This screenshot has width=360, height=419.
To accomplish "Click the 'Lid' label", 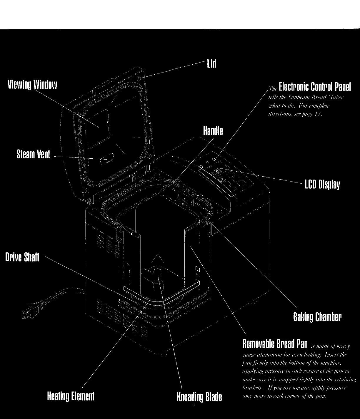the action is (211, 64).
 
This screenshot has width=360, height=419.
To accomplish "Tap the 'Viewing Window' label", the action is (32, 85).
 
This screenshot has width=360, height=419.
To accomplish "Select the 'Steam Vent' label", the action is (33, 154).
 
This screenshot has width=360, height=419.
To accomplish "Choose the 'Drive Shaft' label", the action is (22, 257).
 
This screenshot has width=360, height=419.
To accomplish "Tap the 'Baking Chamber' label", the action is (317, 317).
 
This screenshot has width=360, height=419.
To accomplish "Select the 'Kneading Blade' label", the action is (199, 397).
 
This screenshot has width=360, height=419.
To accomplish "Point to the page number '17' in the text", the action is (318, 115).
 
